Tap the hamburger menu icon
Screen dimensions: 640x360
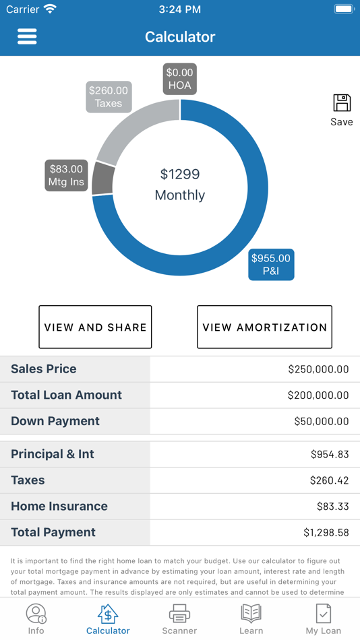[27, 36]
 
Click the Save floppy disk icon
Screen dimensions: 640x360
[342, 104]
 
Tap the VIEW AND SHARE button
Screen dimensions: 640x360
[95, 327]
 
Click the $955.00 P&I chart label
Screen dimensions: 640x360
[271, 265]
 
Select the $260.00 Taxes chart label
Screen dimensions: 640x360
[109, 97]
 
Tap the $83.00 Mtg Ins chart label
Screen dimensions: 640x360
[66, 175]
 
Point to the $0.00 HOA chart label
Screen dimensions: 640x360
[180, 79]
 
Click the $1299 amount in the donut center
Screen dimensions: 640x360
[180, 174]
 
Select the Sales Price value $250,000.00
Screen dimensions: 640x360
[318, 369]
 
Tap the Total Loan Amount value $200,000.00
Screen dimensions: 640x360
[318, 395]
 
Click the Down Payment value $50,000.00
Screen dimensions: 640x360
[322, 422]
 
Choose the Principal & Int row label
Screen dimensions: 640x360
[53, 454]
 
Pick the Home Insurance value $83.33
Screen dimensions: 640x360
[332, 507]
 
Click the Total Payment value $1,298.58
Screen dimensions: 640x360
[326, 533]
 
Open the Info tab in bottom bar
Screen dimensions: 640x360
[36, 618]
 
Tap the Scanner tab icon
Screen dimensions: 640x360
[179, 614]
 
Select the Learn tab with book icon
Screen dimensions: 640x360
[251, 618]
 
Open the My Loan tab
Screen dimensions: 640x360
[323, 618]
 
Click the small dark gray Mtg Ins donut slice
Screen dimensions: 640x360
[102, 179]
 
